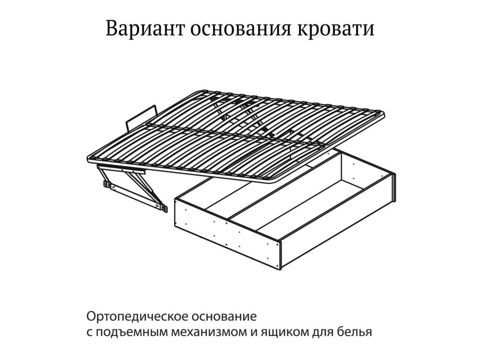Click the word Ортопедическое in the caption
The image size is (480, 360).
coord(137,316)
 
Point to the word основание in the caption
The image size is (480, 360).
coord(224,316)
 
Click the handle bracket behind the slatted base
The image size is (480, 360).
coord(141,117)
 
